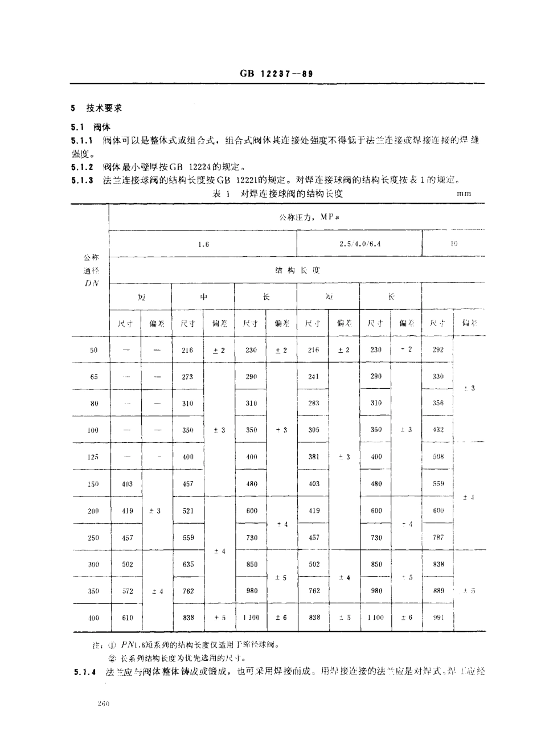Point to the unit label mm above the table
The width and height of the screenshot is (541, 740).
click(464, 194)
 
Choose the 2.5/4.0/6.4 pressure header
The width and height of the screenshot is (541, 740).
click(359, 244)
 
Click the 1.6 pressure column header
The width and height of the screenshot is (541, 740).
click(203, 244)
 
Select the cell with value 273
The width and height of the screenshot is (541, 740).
click(187, 377)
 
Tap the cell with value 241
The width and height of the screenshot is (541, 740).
click(313, 377)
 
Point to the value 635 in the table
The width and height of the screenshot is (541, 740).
click(187, 564)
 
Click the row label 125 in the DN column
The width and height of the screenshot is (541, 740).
click(93, 457)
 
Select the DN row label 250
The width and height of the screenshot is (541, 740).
click(93, 537)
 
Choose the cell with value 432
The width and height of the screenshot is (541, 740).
click(438, 430)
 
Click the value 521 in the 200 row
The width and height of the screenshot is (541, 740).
click(187, 511)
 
